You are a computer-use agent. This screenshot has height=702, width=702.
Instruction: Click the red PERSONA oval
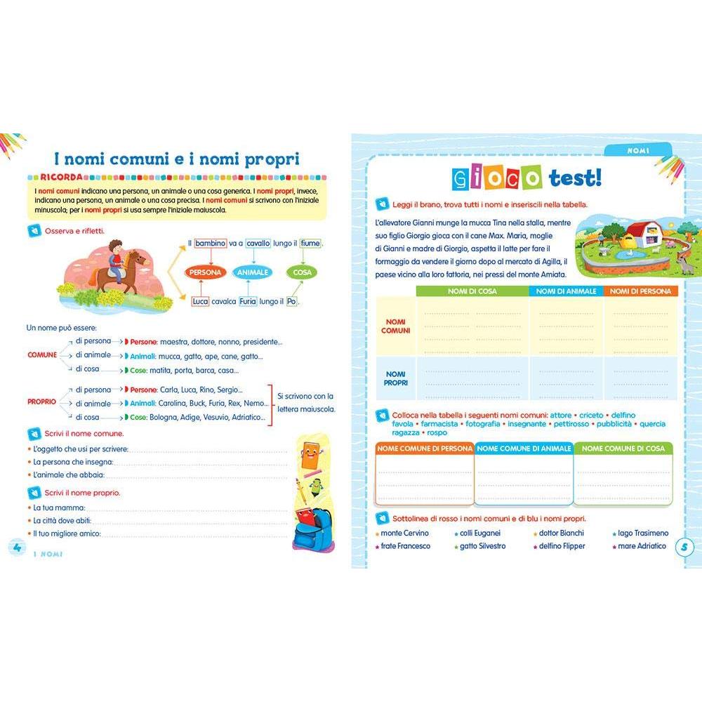click(x=205, y=272)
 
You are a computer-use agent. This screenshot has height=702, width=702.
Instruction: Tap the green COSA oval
click(x=303, y=272)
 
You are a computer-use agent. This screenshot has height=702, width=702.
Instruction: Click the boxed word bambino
click(x=211, y=243)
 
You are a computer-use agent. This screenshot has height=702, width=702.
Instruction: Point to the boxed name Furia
click(x=248, y=301)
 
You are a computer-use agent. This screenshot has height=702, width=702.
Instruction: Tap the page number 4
click(x=15, y=548)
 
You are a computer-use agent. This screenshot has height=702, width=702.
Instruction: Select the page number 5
click(x=685, y=547)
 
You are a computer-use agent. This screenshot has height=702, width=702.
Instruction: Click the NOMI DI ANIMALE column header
click(x=566, y=291)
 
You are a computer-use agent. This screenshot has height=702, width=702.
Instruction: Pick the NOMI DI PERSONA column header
click(x=640, y=291)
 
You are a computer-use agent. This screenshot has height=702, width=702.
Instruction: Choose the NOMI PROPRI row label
click(x=396, y=378)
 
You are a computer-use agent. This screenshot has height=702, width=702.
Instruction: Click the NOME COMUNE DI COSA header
click(x=623, y=448)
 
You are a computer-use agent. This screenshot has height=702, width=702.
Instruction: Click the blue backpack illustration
click(x=313, y=527)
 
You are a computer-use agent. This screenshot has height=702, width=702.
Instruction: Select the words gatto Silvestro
click(x=482, y=546)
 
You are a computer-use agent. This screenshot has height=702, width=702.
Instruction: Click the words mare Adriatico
click(x=642, y=546)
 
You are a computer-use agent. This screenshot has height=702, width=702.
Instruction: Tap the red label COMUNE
click(x=42, y=355)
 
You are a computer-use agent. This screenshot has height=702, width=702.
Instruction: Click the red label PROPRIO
click(x=41, y=402)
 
